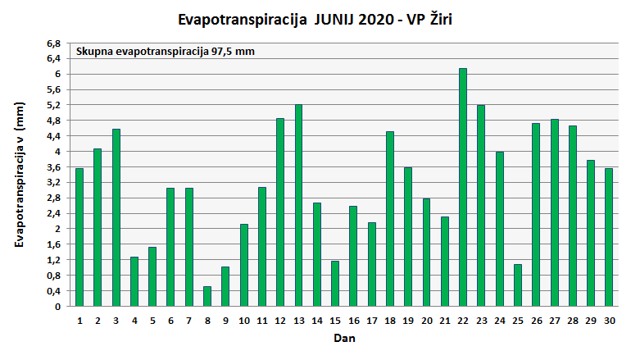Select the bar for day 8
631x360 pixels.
(207, 296)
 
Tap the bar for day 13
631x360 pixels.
(298, 205)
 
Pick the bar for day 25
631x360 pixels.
(518, 285)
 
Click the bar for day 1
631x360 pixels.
(79, 237)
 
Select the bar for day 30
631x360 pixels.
(609, 237)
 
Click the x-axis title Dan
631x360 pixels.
(344, 338)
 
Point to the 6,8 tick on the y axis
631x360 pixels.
(54, 43)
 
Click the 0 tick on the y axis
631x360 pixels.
(57, 307)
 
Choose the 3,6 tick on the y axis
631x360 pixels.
(54, 167)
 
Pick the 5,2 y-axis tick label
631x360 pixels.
(54, 105)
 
